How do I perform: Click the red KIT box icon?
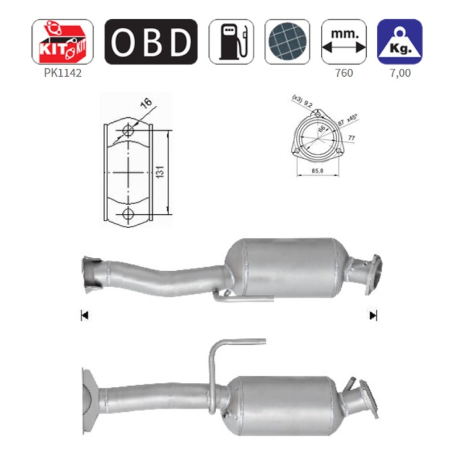tap(62, 42)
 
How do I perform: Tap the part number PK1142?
tap(62, 73)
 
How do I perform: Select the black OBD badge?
tap(151, 42)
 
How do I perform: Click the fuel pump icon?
tap(231, 42)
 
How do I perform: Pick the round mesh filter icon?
tap(287, 42)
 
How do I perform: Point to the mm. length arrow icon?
tap(344, 42)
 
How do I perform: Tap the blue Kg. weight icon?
tap(400, 42)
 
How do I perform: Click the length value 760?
tap(344, 73)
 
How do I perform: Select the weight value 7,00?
tap(400, 73)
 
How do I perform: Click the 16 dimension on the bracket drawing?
tap(146, 104)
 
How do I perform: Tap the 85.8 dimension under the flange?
tap(318, 170)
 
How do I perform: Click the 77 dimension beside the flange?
tap(352, 137)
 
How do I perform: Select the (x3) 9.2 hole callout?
tap(302, 101)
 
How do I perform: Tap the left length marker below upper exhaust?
tap(84, 315)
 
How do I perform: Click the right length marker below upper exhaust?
tap(373, 315)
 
